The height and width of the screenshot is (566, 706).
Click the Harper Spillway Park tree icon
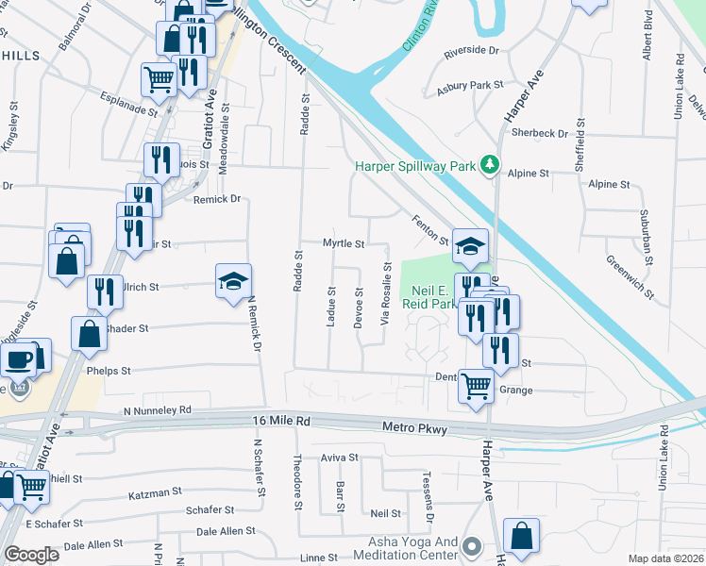pos(489,165)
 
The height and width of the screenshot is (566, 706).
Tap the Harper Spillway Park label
pos(413,166)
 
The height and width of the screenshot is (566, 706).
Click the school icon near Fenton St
pos(470,246)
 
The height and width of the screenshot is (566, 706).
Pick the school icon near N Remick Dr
pos(234,281)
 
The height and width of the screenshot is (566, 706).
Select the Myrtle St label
pos(344,243)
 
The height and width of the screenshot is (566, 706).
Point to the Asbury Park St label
pos(470,86)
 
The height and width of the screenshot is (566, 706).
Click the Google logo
pos(31,554)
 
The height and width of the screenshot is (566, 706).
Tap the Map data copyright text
pos(666,558)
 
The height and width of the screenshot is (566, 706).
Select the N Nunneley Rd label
pos(158,411)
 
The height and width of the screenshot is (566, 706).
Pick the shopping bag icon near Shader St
pos(88,334)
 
